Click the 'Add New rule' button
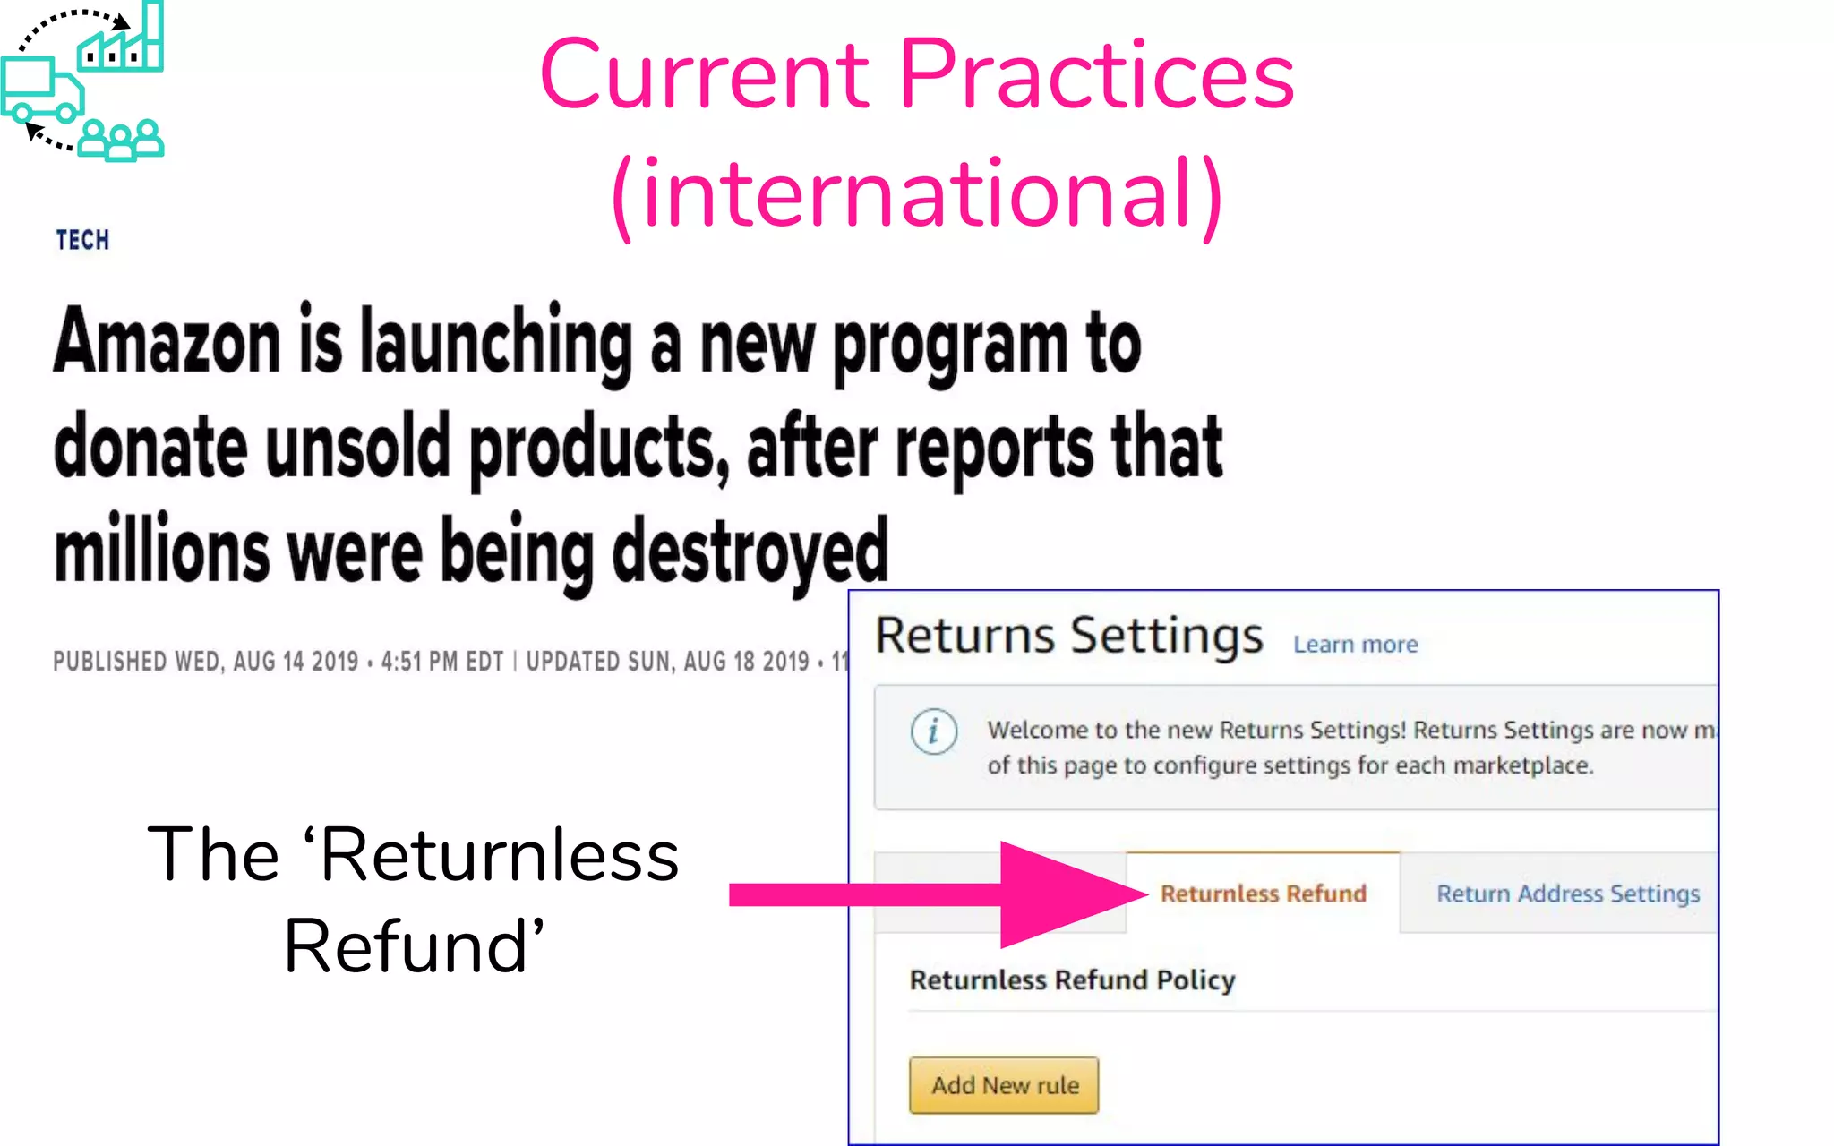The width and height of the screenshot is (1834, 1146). click(x=1004, y=1085)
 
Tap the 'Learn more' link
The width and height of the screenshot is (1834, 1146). click(x=1355, y=645)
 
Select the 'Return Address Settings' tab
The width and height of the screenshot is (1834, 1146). click(x=1567, y=894)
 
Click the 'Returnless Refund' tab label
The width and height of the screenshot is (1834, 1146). click(x=1263, y=894)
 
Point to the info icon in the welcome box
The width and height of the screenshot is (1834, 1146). click(x=933, y=731)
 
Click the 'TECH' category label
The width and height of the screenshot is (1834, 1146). click(x=82, y=240)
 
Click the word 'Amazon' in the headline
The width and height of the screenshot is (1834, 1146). click(x=167, y=342)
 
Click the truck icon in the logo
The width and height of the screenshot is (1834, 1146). click(x=41, y=90)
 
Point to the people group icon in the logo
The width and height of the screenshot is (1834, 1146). click(x=121, y=140)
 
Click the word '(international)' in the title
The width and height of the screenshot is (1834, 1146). click(x=917, y=193)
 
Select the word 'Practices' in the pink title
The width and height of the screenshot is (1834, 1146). click(x=1096, y=75)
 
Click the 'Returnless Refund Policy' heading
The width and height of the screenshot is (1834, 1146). click(x=1072, y=980)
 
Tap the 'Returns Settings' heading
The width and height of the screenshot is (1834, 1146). click(x=1068, y=636)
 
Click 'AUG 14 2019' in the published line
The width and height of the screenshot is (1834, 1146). click(x=296, y=662)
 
